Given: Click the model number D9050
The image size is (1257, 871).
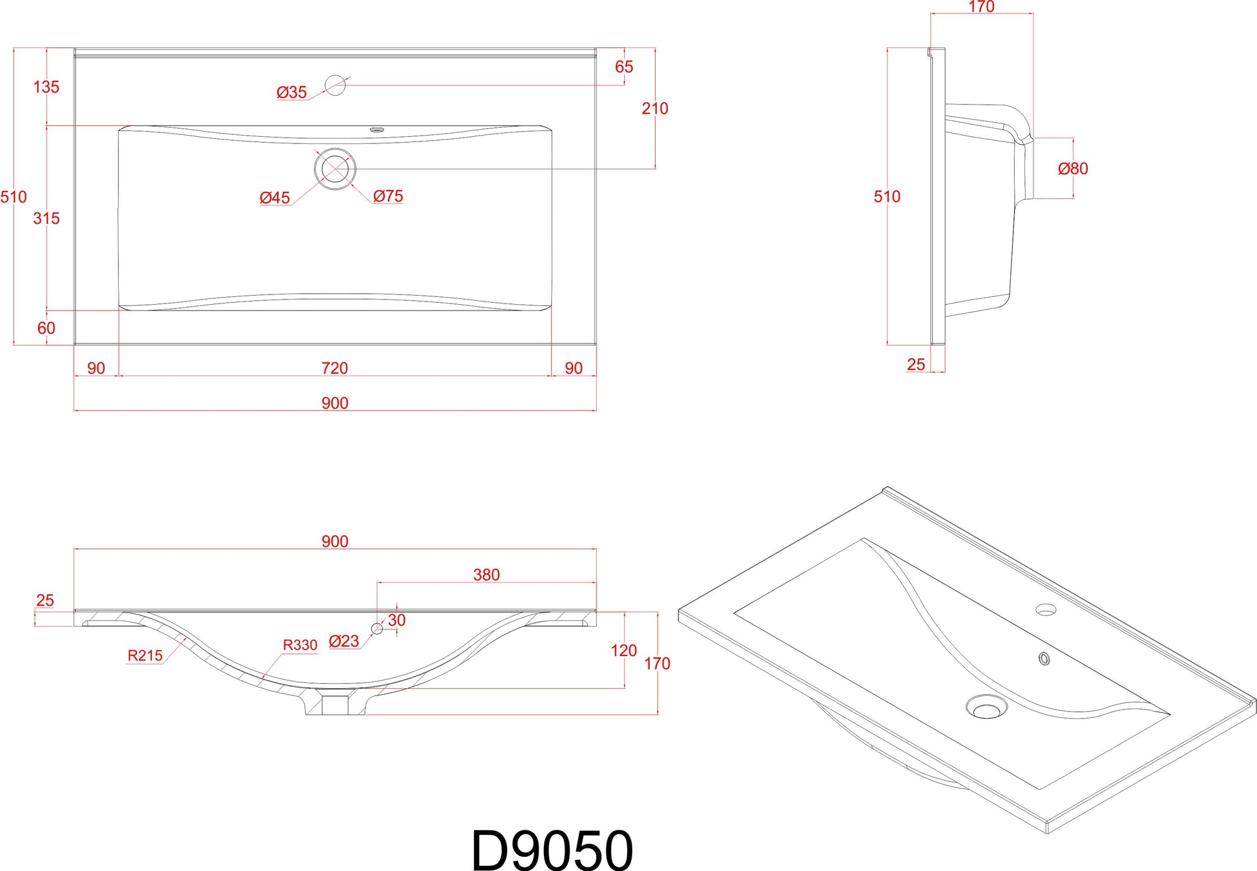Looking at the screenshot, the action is click(x=552, y=850).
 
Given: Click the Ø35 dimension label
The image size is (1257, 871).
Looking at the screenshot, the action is click(x=291, y=92).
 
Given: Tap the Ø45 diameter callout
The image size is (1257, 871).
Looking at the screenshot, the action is click(x=275, y=198).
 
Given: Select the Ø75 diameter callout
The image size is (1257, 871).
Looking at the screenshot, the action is click(x=388, y=196).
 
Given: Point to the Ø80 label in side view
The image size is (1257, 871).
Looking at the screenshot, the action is click(x=1073, y=169).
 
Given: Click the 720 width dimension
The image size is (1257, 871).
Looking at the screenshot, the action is click(x=335, y=368).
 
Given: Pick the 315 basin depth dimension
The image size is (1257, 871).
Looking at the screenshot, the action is click(x=47, y=218).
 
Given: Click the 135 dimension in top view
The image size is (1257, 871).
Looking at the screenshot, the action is click(x=47, y=87).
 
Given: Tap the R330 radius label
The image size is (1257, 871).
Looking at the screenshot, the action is click(x=300, y=645).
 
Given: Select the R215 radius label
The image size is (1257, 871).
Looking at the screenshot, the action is click(x=145, y=656).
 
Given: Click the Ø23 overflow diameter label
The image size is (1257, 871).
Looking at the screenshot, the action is click(x=344, y=641).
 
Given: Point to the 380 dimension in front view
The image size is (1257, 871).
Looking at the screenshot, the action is click(x=486, y=575).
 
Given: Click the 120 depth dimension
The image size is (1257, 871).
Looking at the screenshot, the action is click(x=624, y=650).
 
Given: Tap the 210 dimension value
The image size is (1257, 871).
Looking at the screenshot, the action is click(x=655, y=108).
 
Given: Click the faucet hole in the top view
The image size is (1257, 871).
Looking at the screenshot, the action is click(x=335, y=85).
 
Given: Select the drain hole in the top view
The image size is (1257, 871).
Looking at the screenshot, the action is click(x=335, y=169).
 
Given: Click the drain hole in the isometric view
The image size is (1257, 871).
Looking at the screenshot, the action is click(x=986, y=706).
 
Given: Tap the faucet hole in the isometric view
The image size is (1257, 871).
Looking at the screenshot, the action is click(x=1046, y=609).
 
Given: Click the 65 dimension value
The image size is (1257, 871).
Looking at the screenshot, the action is click(x=624, y=67).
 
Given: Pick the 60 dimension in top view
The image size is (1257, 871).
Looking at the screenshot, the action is click(x=47, y=328).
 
